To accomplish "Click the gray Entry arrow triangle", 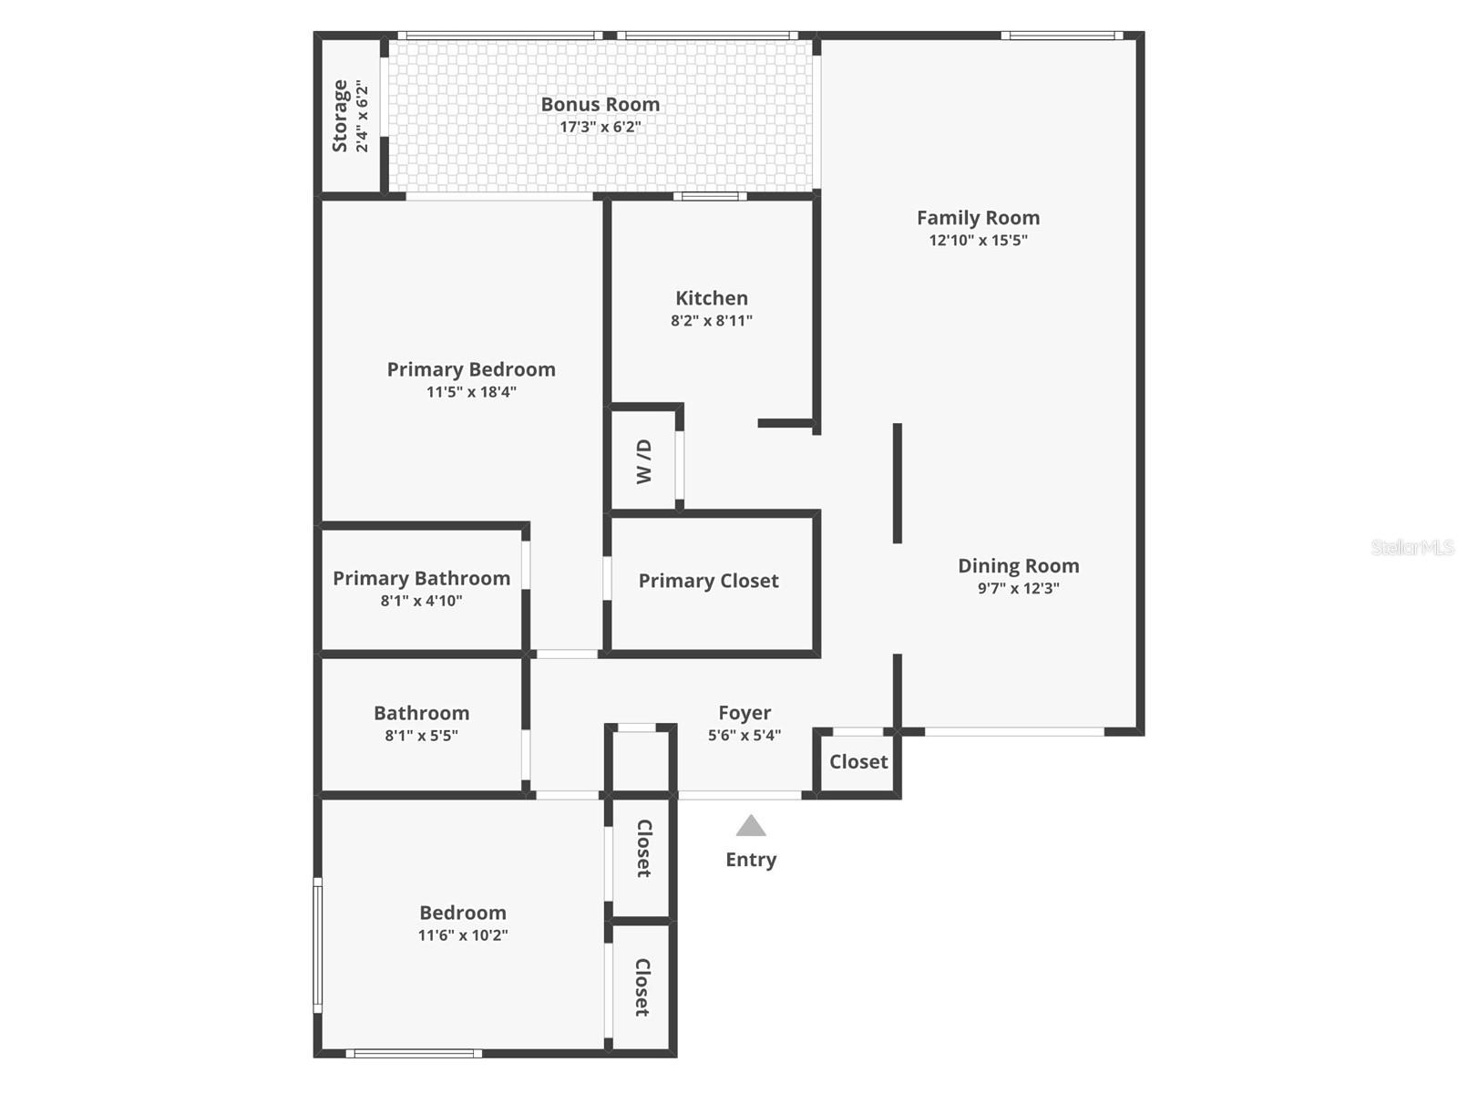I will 751,826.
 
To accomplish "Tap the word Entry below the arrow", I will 751,860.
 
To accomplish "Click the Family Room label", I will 978,218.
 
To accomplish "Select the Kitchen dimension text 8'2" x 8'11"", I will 712,321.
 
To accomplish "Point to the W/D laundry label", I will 644,461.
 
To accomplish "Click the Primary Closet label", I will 708,581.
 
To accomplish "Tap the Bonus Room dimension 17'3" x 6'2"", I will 600,128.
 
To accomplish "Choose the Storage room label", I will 340,116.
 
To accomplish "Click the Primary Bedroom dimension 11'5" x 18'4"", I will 471,392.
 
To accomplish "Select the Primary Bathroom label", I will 421,578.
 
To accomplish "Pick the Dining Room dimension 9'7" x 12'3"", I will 1018,589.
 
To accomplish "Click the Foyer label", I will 744,713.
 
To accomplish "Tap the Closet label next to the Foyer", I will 858,761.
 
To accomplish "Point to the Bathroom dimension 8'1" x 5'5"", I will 421,736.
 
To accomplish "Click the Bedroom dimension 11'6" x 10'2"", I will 463,935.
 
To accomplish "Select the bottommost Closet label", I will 642,987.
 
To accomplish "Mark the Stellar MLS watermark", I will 1412,547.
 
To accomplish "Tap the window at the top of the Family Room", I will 1061,36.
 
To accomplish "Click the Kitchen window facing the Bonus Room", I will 710,196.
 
